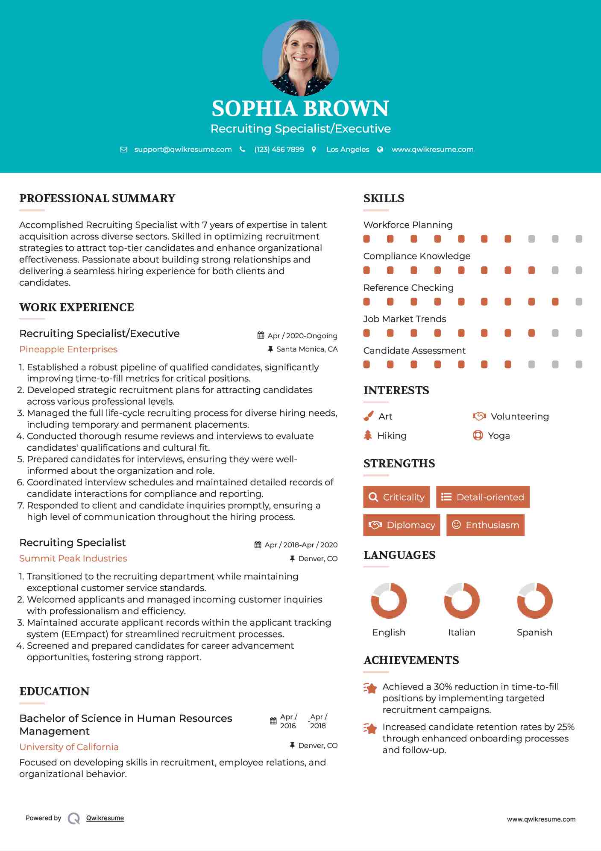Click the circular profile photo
300,57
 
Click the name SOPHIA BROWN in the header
300,109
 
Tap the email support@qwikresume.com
183,150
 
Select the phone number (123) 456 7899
279,150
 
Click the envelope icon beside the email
123,150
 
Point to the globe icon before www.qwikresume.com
380,150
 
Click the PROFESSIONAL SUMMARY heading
97,198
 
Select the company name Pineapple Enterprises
68,349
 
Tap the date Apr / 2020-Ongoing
302,336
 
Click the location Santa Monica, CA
307,349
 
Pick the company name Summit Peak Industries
73,558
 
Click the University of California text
69,747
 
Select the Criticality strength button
396,497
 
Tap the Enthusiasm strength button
485,525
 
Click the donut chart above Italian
461,600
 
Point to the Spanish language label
534,632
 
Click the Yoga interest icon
478,435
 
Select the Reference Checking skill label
408,288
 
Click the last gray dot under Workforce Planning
579,239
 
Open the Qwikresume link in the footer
105,818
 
